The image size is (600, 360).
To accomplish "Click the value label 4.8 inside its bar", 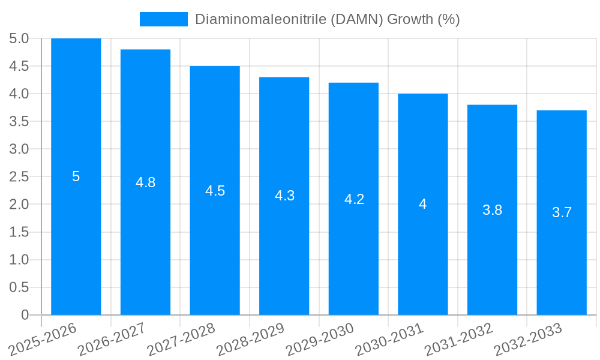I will tap(145, 182).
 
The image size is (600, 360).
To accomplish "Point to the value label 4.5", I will tap(215, 191).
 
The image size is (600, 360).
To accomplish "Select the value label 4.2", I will tap(354, 199).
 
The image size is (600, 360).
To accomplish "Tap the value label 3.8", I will tap(492, 210).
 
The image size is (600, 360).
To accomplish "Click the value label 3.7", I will tap(562, 212).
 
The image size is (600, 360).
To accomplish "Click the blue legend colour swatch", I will tap(163, 19).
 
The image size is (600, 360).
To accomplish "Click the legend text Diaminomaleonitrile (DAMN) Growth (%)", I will tap(327, 19).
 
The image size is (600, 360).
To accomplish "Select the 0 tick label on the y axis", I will tap(25, 315).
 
